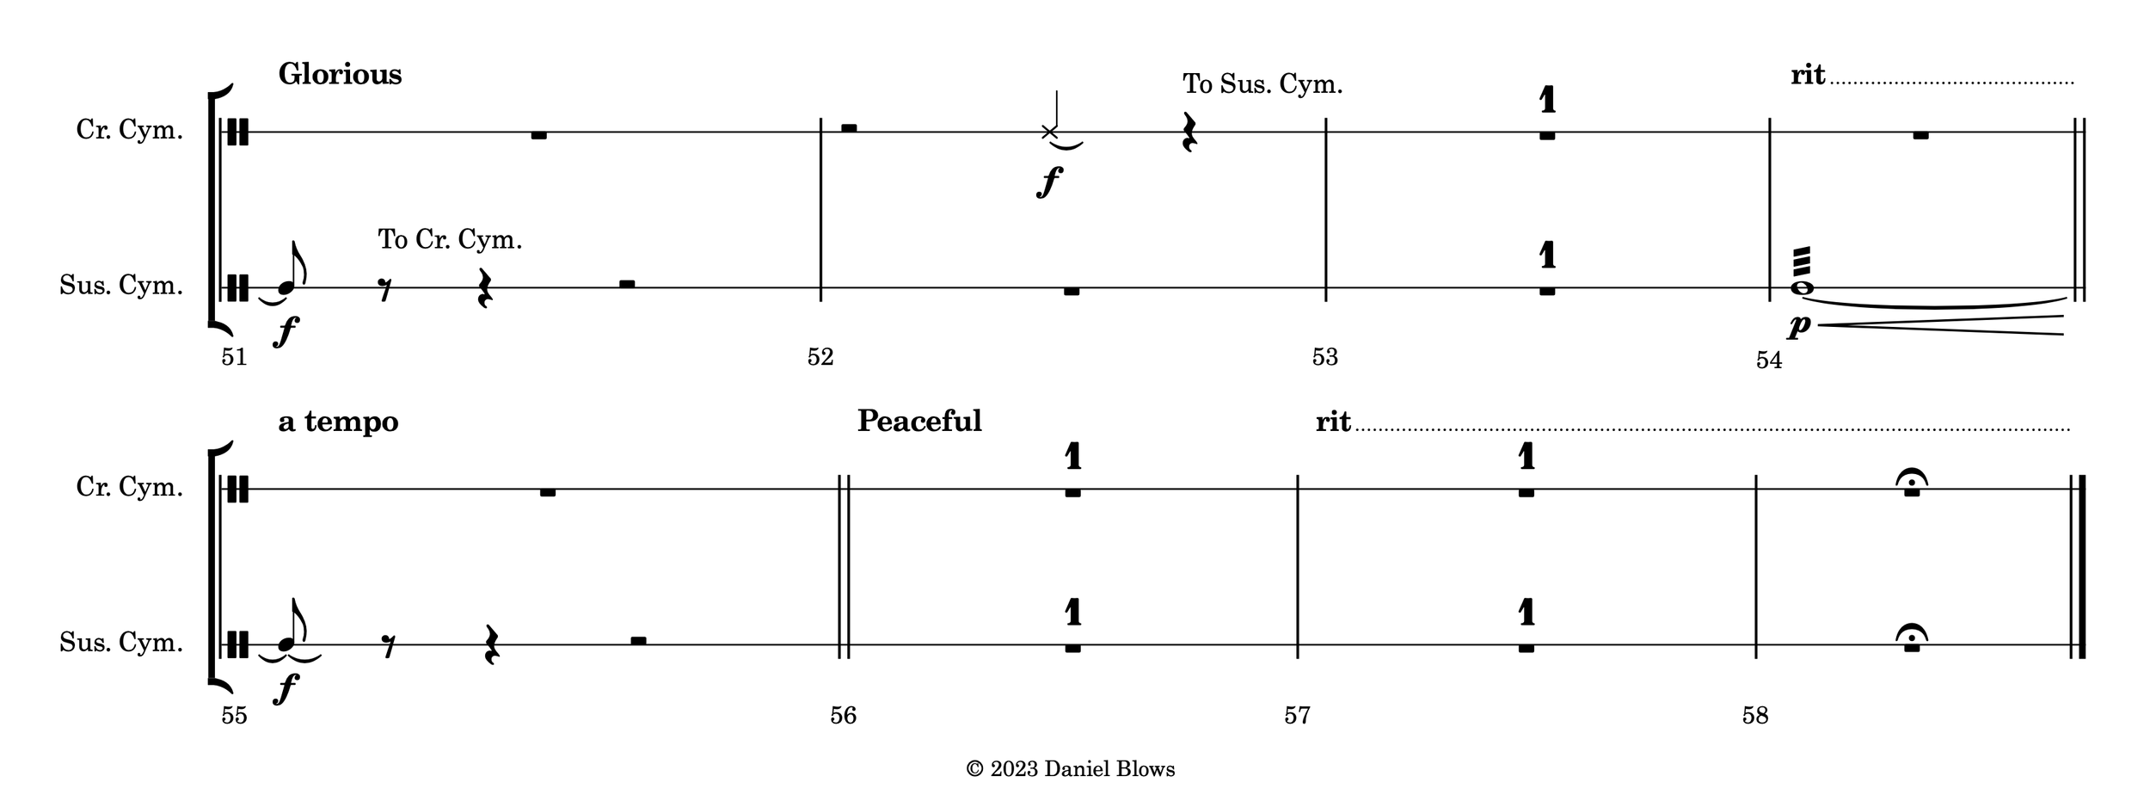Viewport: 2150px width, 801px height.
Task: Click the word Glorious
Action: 340,75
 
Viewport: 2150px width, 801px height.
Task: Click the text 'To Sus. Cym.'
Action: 1262,85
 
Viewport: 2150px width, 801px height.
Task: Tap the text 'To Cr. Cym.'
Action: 450,239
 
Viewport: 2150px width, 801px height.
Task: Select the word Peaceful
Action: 918,422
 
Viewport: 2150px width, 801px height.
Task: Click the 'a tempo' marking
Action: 338,422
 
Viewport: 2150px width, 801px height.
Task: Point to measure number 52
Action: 820,357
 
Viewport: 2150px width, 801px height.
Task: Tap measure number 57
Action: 1296,715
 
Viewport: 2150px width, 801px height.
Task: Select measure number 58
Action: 1754,715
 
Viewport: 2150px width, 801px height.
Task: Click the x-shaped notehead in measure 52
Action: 1049,132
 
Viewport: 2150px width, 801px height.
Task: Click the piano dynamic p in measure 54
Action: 1798,325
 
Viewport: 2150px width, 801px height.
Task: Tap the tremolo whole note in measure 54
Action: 1801,288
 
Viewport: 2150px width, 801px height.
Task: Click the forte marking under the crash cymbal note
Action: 1049,182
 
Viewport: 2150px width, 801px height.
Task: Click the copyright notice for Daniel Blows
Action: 1070,769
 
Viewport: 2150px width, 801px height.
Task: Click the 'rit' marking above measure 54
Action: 1807,76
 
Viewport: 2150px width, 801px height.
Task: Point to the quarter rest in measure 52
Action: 1189,132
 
